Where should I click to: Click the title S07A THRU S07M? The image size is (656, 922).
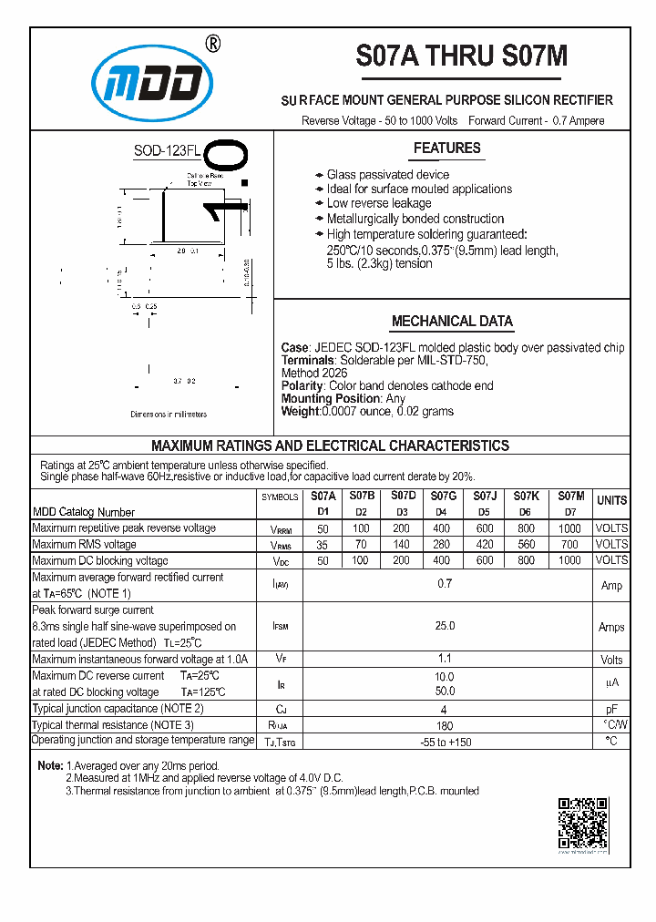[461, 56]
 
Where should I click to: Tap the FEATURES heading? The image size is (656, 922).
[446, 149]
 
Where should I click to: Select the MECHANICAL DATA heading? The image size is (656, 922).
[452, 322]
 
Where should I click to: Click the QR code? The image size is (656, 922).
[582, 823]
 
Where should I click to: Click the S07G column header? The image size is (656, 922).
[444, 497]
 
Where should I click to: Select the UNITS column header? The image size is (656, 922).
[611, 500]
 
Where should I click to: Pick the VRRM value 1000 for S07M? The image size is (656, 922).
[569, 528]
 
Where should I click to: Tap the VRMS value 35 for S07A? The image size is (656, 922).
[323, 545]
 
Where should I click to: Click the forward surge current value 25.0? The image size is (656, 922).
[445, 626]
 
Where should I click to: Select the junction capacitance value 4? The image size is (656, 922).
[445, 708]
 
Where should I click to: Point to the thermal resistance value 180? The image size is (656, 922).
[445, 725]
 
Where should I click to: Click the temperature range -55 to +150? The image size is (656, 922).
[445, 742]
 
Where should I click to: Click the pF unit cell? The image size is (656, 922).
[611, 708]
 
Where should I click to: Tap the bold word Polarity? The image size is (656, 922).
[302, 386]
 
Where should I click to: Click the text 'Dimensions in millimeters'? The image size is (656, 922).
[169, 415]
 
